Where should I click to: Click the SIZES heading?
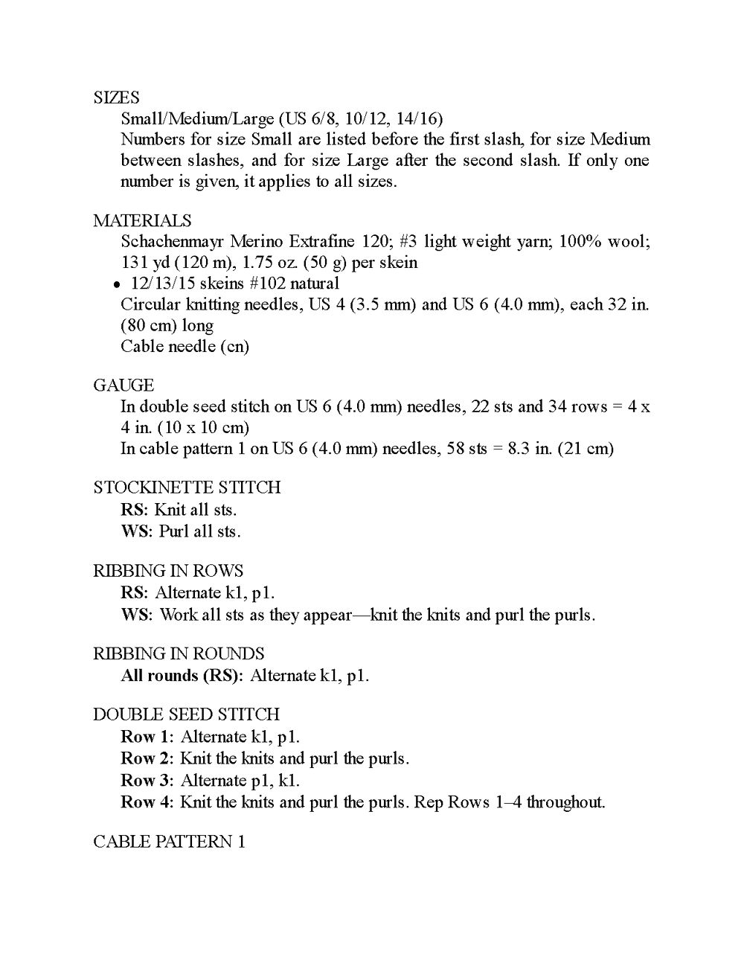(116, 97)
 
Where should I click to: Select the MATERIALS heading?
(142, 220)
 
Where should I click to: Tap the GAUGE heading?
(124, 385)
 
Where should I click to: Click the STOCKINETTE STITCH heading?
(187, 487)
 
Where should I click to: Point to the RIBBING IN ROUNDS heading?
(179, 653)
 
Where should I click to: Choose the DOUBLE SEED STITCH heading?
(186, 714)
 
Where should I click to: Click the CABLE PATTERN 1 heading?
(169, 842)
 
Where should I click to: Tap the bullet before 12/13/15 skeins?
(117, 284)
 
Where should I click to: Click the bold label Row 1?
(147, 737)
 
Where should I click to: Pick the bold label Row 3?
(147, 780)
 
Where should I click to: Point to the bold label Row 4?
(147, 802)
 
